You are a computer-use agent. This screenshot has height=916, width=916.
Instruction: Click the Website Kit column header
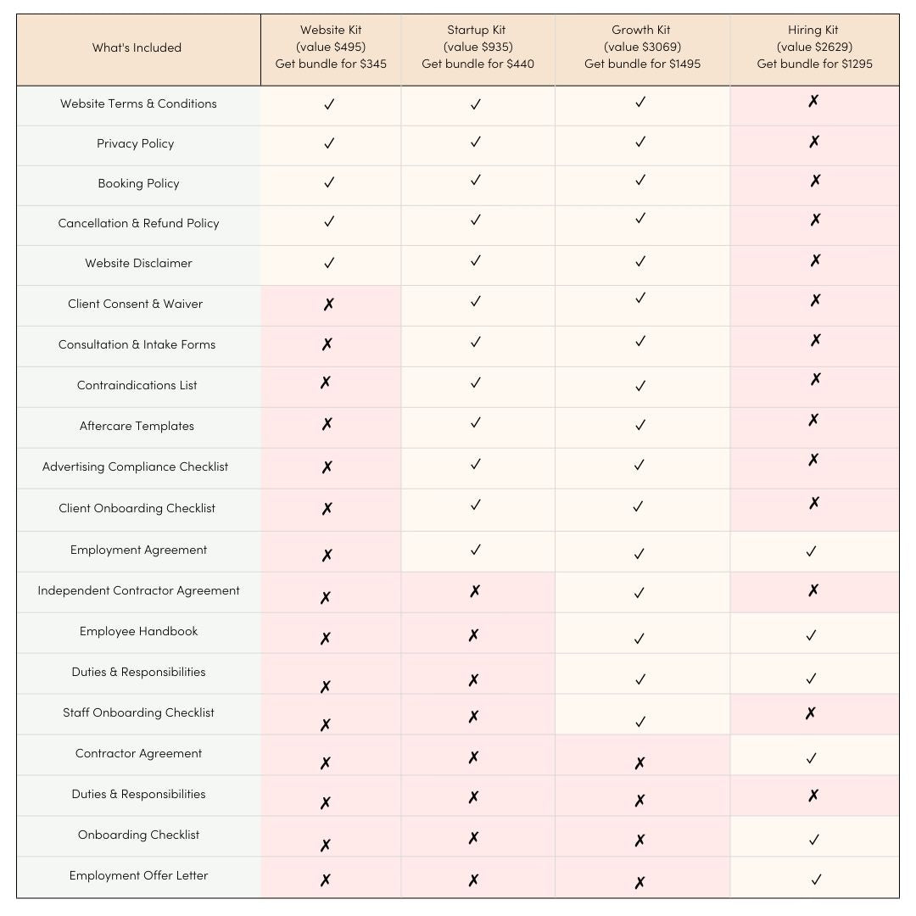pyautogui.click(x=331, y=31)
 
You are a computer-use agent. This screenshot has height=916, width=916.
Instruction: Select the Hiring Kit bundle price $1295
pyautogui.click(x=814, y=64)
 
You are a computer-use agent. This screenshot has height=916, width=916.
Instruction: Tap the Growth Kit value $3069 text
pyautogui.click(x=642, y=47)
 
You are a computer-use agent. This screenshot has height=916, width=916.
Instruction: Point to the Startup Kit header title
pyautogui.click(x=478, y=31)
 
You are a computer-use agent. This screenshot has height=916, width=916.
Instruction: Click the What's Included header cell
pyautogui.click(x=137, y=47)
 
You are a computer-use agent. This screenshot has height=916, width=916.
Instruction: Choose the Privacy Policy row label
pyautogui.click(x=135, y=143)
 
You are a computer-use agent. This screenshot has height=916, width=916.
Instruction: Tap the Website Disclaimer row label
pyautogui.click(x=138, y=263)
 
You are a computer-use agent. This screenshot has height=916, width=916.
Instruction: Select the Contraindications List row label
pyautogui.click(x=137, y=385)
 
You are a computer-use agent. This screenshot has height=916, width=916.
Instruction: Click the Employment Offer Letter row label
pyautogui.click(x=138, y=875)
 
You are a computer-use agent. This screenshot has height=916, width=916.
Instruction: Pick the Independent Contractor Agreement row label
pyautogui.click(x=138, y=590)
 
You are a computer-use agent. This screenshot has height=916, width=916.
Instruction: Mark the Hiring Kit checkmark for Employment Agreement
pyautogui.click(x=811, y=551)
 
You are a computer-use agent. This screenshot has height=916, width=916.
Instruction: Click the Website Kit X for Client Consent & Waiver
pyautogui.click(x=328, y=304)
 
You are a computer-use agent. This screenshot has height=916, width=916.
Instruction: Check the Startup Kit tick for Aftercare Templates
pyautogui.click(x=475, y=422)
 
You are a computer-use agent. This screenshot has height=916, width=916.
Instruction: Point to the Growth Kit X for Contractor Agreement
pyautogui.click(x=640, y=763)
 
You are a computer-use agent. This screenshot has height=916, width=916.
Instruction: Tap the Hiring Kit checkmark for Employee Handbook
pyautogui.click(x=811, y=634)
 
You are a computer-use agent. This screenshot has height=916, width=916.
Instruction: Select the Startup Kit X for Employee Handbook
pyautogui.click(x=473, y=634)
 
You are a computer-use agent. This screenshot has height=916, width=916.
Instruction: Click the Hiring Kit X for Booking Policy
pyautogui.click(x=814, y=181)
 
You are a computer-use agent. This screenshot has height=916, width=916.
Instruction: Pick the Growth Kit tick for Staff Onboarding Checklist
pyautogui.click(x=640, y=722)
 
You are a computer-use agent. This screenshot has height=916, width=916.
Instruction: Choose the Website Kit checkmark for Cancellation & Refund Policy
pyautogui.click(x=329, y=221)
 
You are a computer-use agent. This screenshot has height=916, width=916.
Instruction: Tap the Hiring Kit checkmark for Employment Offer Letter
pyautogui.click(x=816, y=880)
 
